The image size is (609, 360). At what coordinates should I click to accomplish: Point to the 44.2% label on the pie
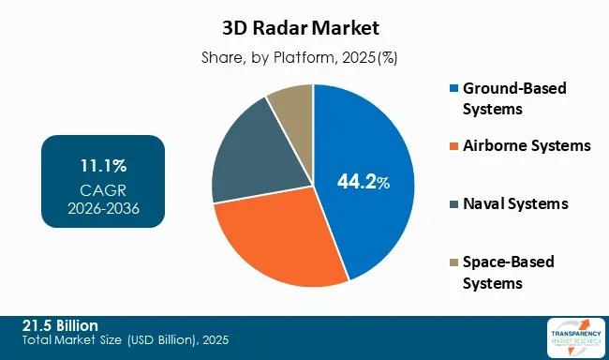tap(363, 181)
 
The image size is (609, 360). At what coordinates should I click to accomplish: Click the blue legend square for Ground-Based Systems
tap(455, 88)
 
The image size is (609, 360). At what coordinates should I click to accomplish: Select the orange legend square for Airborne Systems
tap(455, 145)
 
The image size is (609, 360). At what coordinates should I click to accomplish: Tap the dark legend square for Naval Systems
tap(455, 203)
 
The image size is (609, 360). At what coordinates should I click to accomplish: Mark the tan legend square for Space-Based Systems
tap(455, 262)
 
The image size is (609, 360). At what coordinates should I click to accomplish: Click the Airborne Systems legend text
tap(528, 145)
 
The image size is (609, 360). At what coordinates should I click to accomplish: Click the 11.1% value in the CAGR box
tap(103, 166)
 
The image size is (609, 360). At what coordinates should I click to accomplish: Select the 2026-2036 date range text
tap(103, 208)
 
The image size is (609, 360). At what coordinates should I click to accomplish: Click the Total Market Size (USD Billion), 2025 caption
tap(126, 338)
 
